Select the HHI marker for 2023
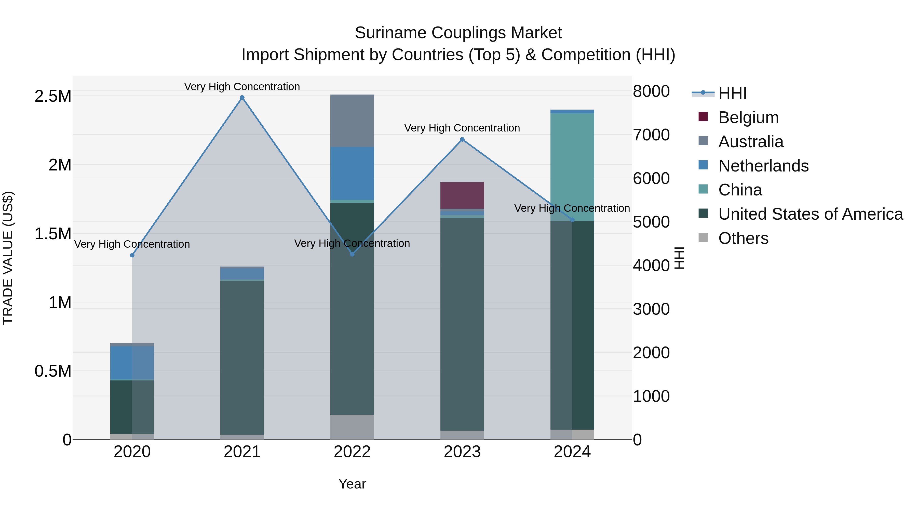click(462, 140)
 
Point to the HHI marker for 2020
click(132, 255)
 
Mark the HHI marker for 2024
click(572, 220)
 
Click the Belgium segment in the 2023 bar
click(462, 195)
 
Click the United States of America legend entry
click(810, 214)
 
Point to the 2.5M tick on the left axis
click(53, 96)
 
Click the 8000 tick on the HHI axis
click(651, 91)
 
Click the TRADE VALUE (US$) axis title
click(8, 258)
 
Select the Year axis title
click(352, 484)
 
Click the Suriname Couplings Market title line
click(458, 33)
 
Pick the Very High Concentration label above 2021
click(242, 87)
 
